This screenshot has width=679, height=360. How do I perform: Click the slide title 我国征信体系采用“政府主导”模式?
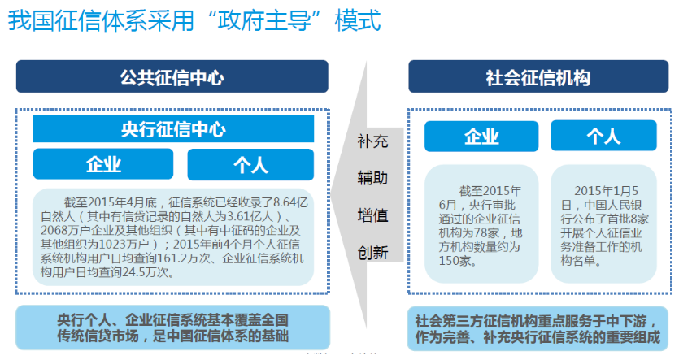pos(194,20)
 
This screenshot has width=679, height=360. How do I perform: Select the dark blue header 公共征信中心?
pos(172,76)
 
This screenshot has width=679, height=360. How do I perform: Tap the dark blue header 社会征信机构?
pos(538,76)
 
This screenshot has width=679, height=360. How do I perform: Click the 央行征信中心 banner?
pos(173,128)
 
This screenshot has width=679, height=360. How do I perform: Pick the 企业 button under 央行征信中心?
pos(103,164)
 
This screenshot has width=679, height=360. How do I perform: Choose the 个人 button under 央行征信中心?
pos(250,164)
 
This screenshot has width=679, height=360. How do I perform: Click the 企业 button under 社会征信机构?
pos(481,137)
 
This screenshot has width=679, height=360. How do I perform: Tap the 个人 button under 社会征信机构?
pos(603,136)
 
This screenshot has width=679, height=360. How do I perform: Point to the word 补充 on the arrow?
pos(372,141)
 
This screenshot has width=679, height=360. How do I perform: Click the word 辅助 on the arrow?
pos(372,178)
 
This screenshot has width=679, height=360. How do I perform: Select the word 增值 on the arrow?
pos(372,215)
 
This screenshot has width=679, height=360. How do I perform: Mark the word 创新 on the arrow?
pos(372,252)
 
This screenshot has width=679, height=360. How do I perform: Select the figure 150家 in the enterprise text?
pos(455,261)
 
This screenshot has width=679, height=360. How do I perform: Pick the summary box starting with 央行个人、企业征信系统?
pos(172,327)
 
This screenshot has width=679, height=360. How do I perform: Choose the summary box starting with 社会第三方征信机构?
pos(538,328)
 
